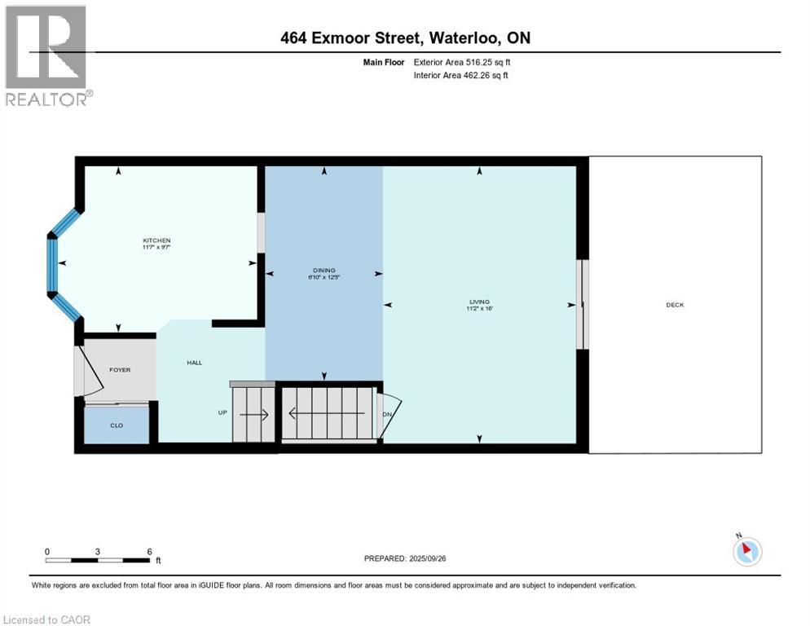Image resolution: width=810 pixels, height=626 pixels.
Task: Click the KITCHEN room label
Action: click(x=156, y=240)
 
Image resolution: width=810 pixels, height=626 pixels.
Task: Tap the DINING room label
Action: click(x=324, y=271)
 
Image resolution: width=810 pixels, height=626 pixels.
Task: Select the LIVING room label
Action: click(x=479, y=302)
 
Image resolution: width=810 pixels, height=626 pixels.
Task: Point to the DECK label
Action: click(x=675, y=305)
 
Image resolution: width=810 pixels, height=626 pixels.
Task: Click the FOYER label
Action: click(x=120, y=370)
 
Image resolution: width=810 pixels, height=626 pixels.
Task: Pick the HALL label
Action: click(x=194, y=363)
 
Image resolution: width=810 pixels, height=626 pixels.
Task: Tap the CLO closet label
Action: click(x=117, y=425)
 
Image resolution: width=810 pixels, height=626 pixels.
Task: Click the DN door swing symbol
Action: click(x=390, y=414)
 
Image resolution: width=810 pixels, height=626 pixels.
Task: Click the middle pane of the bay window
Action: click(x=53, y=264)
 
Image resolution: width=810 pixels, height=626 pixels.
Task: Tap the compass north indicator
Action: click(x=747, y=550)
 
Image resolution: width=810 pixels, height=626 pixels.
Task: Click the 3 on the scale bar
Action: click(x=98, y=552)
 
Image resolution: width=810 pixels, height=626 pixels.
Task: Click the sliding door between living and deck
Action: click(x=581, y=304)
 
